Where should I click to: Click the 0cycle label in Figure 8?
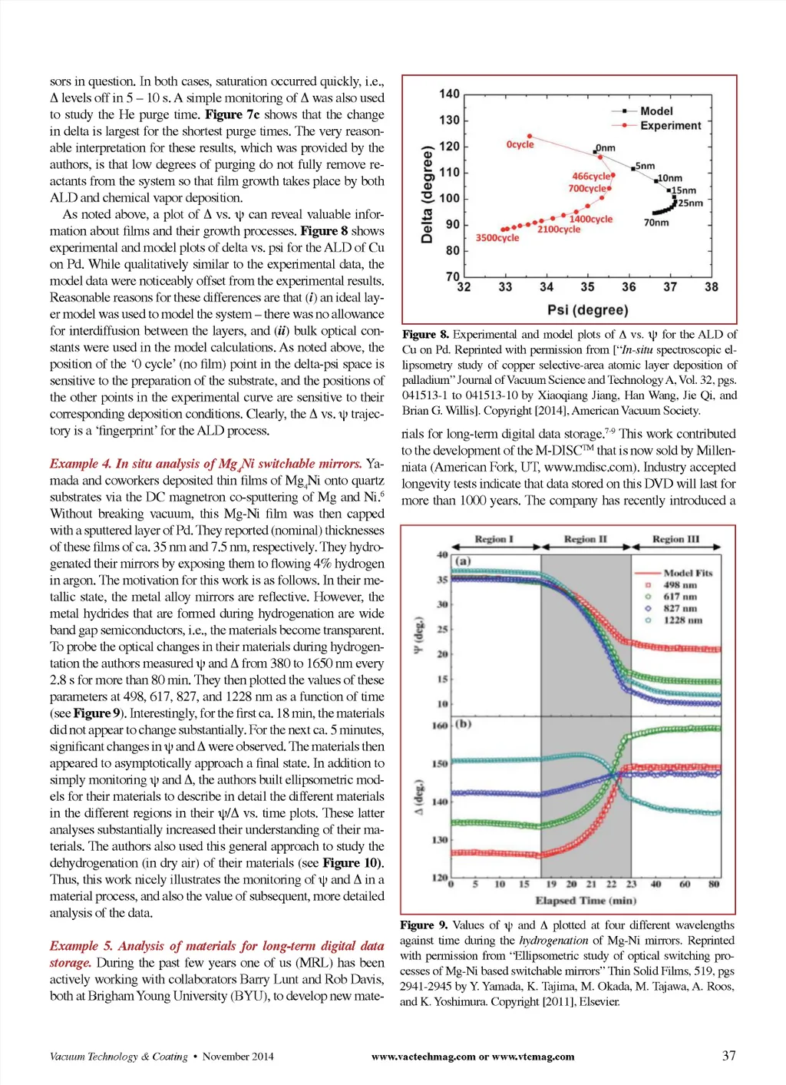pyautogui.click(x=520, y=144)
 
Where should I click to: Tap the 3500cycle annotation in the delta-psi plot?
pyautogui.click(x=497, y=238)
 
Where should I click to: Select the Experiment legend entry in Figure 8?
pyautogui.click(x=670, y=125)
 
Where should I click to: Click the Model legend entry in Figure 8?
pyautogui.click(x=656, y=111)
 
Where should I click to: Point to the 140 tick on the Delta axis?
pyautogui.click(x=449, y=94)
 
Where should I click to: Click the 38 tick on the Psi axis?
pyautogui.click(x=712, y=287)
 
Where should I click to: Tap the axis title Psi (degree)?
pyautogui.click(x=587, y=309)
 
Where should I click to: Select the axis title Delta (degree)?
pyautogui.click(x=428, y=194)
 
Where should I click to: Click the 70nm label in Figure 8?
pyautogui.click(x=656, y=223)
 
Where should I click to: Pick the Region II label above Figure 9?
pyautogui.click(x=585, y=539)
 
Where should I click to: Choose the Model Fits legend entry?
pyautogui.click(x=688, y=573)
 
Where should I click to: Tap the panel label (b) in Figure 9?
pyautogui.click(x=463, y=723)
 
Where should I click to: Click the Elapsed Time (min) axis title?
pyautogui.click(x=586, y=901)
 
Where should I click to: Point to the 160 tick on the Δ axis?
pyautogui.click(x=440, y=726)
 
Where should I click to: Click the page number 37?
pyautogui.click(x=728, y=1056)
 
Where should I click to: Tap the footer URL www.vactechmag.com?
pyautogui.click(x=423, y=1057)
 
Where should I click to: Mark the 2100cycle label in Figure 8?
pyautogui.click(x=558, y=230)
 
